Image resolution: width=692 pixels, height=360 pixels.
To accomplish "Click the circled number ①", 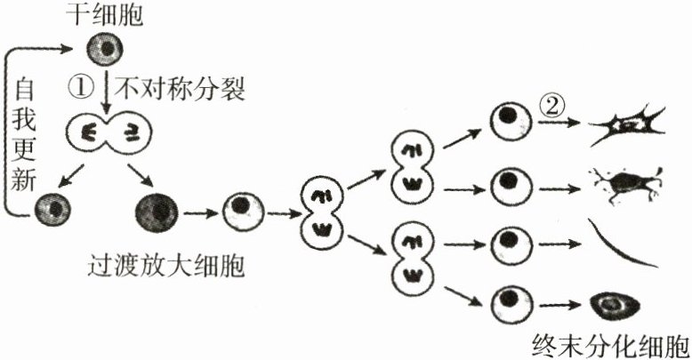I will coord(81,85).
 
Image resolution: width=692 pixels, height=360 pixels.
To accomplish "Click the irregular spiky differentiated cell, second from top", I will coord(628,185).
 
